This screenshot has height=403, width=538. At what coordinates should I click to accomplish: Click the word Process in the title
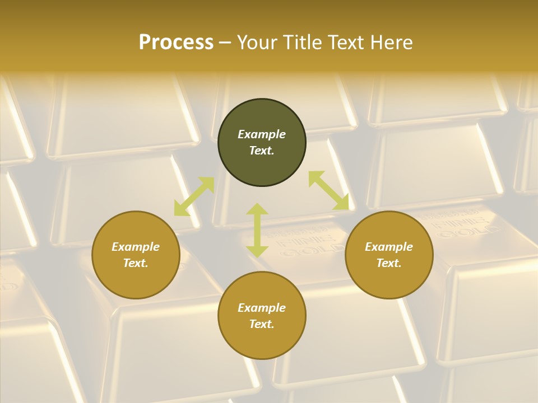176,43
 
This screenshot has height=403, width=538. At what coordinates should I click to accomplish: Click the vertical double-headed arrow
257,230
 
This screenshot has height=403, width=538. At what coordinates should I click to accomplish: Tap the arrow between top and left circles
194,196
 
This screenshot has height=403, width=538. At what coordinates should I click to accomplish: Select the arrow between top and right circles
328,191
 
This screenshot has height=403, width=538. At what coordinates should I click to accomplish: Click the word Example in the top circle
262,134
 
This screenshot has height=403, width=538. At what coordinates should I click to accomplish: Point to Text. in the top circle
262,151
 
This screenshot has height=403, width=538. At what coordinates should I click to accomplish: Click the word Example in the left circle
136,247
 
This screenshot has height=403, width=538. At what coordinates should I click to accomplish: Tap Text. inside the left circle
136,263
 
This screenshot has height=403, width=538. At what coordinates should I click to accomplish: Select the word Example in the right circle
389,247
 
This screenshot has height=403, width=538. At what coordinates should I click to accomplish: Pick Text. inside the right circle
389,263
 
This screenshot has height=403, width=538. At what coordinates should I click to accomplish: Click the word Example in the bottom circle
262,308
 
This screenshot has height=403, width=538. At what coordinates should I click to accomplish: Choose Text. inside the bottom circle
262,324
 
